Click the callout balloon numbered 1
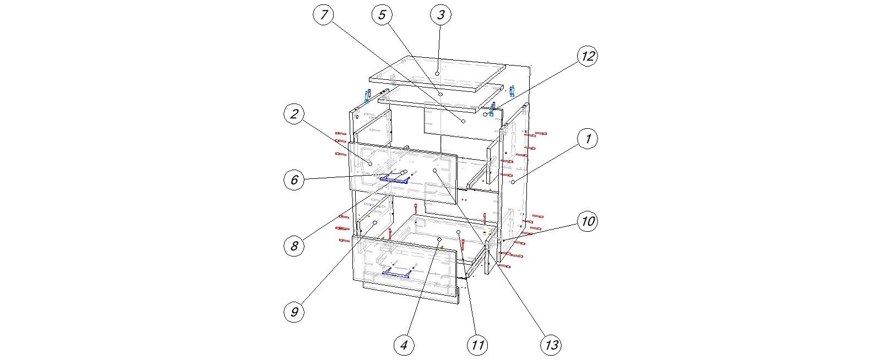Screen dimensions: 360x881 (x=588, y=139)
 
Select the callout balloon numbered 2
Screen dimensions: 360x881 (x=294, y=114)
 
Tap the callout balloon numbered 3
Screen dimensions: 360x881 (x=440, y=15)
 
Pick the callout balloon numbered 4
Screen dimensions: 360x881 (x=404, y=345)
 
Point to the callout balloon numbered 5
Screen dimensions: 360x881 (x=382, y=15)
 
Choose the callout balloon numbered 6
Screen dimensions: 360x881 (x=294, y=179)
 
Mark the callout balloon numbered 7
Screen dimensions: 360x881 (x=324, y=15)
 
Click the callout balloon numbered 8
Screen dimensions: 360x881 (x=294, y=246)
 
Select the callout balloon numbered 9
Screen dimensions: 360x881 (x=294, y=312)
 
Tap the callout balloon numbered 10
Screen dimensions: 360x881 (x=588, y=221)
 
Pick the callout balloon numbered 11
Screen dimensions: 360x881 (x=477, y=345)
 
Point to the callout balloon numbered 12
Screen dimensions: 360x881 (x=588, y=56)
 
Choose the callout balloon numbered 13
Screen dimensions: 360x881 (x=551, y=345)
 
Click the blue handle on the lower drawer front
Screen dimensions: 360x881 (x=397, y=272)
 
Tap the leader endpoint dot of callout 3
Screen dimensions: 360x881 (x=437, y=73)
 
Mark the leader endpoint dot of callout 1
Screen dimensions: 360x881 (x=513, y=182)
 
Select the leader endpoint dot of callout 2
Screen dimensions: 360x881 (x=370, y=163)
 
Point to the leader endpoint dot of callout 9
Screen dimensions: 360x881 (x=374, y=223)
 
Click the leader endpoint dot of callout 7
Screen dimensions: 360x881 (x=463, y=121)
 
